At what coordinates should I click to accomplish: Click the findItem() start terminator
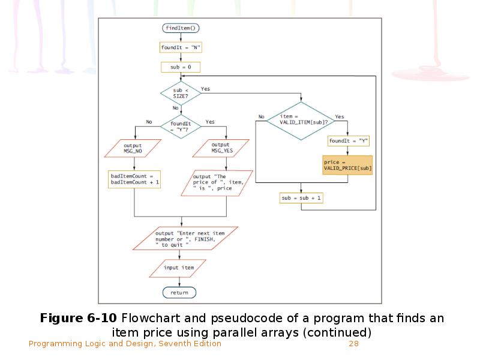click(x=181, y=28)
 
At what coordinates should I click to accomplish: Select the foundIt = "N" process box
click(x=181, y=47)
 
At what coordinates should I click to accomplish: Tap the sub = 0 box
click(x=181, y=67)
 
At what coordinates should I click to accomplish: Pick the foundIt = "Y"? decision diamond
click(x=180, y=126)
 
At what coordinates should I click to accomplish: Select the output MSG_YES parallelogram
click(x=221, y=148)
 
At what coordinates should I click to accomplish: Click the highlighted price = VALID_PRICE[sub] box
click(x=347, y=166)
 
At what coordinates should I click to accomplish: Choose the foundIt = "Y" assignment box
click(x=348, y=141)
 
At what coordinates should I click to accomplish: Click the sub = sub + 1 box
click(x=301, y=197)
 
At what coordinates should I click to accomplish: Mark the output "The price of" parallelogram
click(x=215, y=183)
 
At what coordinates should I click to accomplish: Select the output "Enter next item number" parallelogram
click(x=185, y=238)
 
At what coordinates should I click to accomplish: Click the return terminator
click(x=179, y=293)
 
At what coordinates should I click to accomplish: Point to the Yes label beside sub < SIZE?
click(x=205, y=89)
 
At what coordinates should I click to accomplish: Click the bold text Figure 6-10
click(x=79, y=318)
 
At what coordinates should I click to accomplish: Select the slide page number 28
click(x=353, y=344)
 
